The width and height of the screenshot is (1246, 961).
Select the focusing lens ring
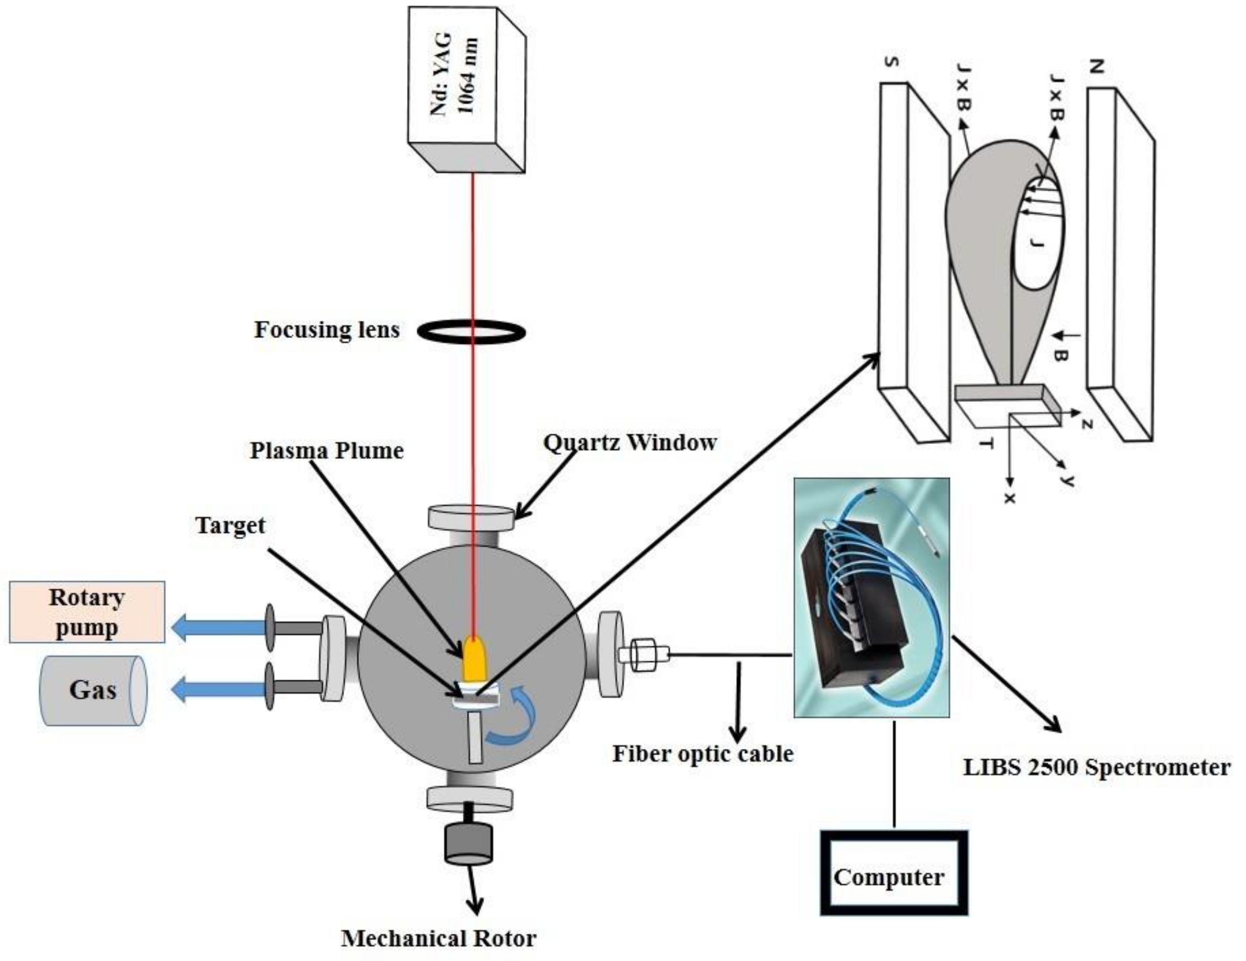472,331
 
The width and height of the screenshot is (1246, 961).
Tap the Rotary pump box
87,612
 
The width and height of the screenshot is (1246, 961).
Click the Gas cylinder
91,690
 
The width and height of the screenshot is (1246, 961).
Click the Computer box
894,877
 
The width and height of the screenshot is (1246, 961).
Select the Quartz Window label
631,443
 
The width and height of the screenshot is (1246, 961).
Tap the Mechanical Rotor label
439,938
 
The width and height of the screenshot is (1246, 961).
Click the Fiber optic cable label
703,754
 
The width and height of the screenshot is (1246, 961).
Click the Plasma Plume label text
327,451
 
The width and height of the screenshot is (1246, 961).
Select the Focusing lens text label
327,330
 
